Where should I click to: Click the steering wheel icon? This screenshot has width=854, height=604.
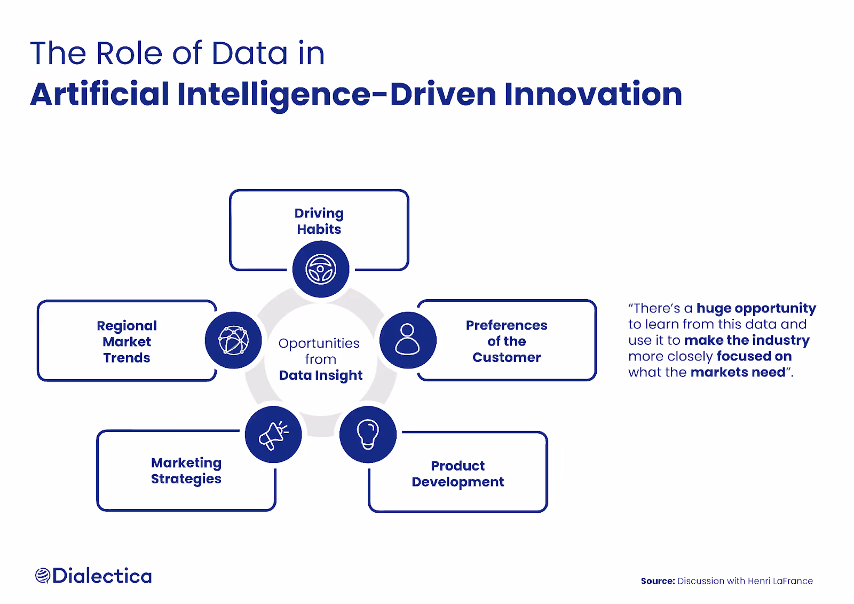(x=321, y=269)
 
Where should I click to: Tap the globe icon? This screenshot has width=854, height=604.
(x=233, y=340)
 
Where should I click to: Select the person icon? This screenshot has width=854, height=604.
(x=408, y=340)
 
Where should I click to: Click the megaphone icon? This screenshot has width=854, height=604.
(x=273, y=435)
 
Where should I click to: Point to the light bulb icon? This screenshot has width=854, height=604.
(x=368, y=434)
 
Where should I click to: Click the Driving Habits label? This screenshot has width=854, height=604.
(x=319, y=221)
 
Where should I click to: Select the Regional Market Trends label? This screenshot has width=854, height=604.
(x=127, y=342)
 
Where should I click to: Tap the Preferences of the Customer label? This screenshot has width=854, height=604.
(x=507, y=341)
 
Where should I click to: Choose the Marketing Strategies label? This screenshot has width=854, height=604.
(x=186, y=470)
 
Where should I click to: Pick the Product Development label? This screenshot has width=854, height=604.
(x=458, y=474)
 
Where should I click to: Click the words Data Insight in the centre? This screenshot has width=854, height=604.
(x=321, y=375)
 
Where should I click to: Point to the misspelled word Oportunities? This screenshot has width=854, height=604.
(x=319, y=343)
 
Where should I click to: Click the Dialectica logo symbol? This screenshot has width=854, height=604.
(x=43, y=576)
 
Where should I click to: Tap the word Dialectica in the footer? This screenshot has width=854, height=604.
(x=102, y=576)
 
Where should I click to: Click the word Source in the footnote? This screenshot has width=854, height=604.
(x=658, y=581)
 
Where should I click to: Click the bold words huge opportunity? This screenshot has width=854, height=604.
(x=756, y=308)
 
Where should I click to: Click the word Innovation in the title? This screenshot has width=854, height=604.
(x=593, y=94)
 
